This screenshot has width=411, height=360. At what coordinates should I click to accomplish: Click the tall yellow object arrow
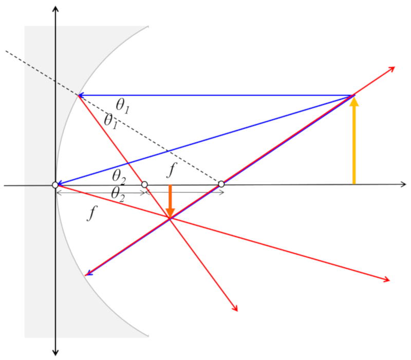tap(353, 141)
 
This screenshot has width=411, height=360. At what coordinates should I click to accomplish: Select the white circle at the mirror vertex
tap(55, 185)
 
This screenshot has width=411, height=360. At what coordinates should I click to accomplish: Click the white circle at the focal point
tap(144, 184)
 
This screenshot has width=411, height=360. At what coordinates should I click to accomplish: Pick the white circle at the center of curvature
tap(221, 184)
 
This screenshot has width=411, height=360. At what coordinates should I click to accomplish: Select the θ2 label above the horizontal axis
tap(119, 175)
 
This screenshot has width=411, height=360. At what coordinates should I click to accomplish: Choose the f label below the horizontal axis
tap(91, 213)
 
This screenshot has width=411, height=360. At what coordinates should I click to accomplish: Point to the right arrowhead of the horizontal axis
tap(403, 184)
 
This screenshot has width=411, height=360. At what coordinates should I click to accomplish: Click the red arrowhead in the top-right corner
tap(392, 69)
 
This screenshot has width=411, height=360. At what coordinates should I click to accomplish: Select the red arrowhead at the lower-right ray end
tap(387, 279)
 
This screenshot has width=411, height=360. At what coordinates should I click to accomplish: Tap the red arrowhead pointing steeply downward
tap(236, 308)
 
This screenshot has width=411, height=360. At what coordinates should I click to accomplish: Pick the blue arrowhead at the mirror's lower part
tap(88, 273)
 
